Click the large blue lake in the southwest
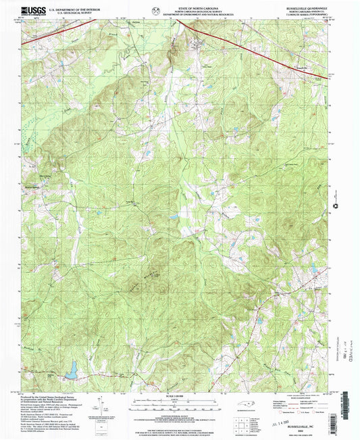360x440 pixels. click(71, 368)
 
